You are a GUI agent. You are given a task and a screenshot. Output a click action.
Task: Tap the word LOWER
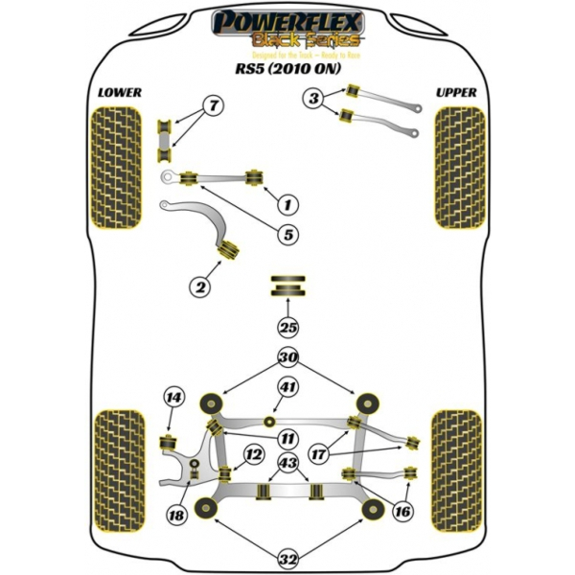pyautogui.click(x=120, y=93)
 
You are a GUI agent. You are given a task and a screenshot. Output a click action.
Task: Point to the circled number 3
pyautogui.click(x=312, y=97)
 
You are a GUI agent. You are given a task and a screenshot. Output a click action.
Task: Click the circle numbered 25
pyautogui.click(x=288, y=327)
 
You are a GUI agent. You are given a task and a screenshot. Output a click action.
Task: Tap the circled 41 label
pyautogui.click(x=287, y=387)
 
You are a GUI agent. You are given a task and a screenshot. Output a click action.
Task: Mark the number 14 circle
pyautogui.click(x=173, y=398)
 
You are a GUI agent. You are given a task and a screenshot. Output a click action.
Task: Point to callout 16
pyautogui.click(x=402, y=512)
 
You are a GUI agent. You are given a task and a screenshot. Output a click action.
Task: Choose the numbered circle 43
pyautogui.click(x=287, y=465)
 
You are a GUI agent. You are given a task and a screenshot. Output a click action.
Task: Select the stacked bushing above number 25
pyautogui.click(x=288, y=285)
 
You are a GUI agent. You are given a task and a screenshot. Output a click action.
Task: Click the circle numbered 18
pyautogui.click(x=175, y=517)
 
